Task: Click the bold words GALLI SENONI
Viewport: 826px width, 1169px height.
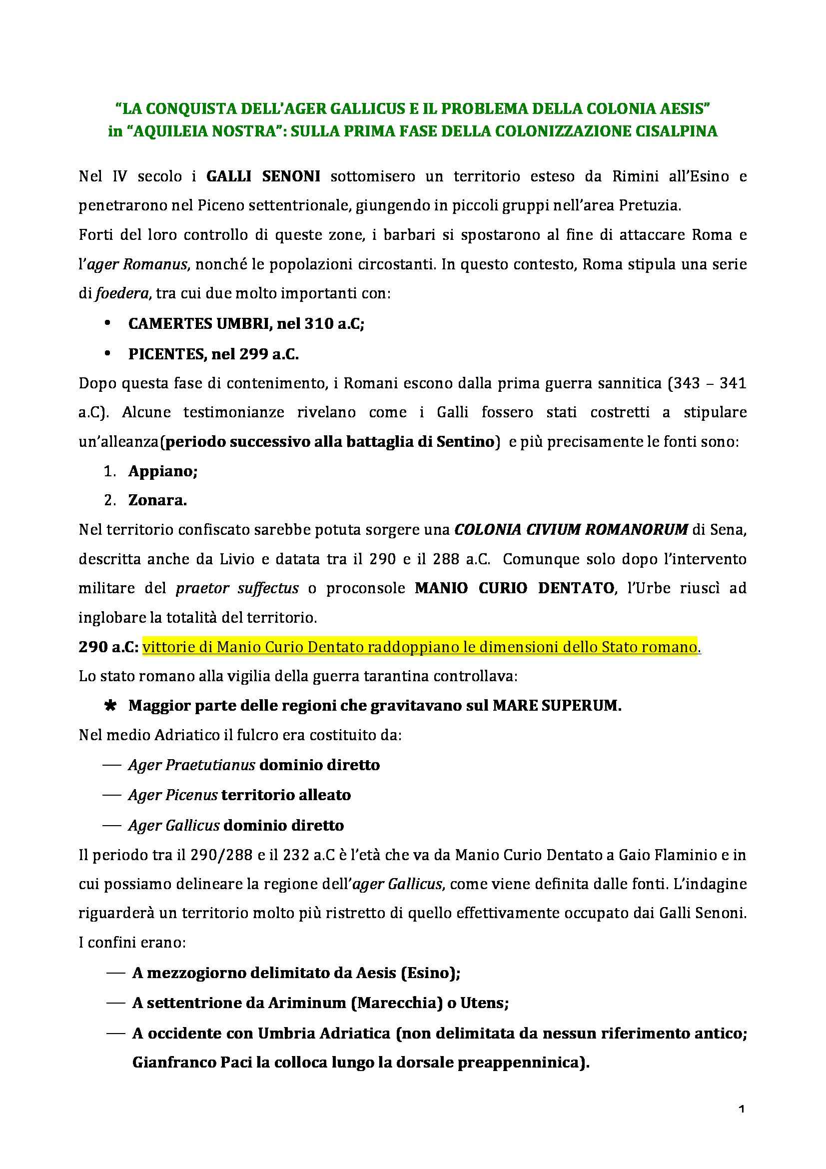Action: (263, 176)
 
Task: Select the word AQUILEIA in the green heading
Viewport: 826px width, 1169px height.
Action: (171, 131)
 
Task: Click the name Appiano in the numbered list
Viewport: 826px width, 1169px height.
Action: (163, 471)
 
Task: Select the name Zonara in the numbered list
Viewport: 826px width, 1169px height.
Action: (157, 500)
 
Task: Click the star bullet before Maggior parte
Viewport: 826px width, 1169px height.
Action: (109, 706)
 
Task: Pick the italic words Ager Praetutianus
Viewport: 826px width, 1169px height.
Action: (191, 765)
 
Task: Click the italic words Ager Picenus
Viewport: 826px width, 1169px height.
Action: (173, 795)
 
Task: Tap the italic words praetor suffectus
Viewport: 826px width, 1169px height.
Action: (237, 588)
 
